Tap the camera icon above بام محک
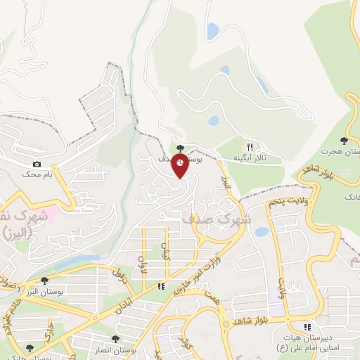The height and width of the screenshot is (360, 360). (37, 163)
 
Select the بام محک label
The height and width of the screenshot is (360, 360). (37, 173)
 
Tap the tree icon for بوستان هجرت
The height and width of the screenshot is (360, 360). (344, 141)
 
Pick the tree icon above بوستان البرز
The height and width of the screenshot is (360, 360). (45, 280)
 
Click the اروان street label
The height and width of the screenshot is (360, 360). (144, 264)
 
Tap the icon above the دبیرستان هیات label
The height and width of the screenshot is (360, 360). (307, 326)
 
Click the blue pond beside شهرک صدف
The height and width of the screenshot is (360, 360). (262, 231)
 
